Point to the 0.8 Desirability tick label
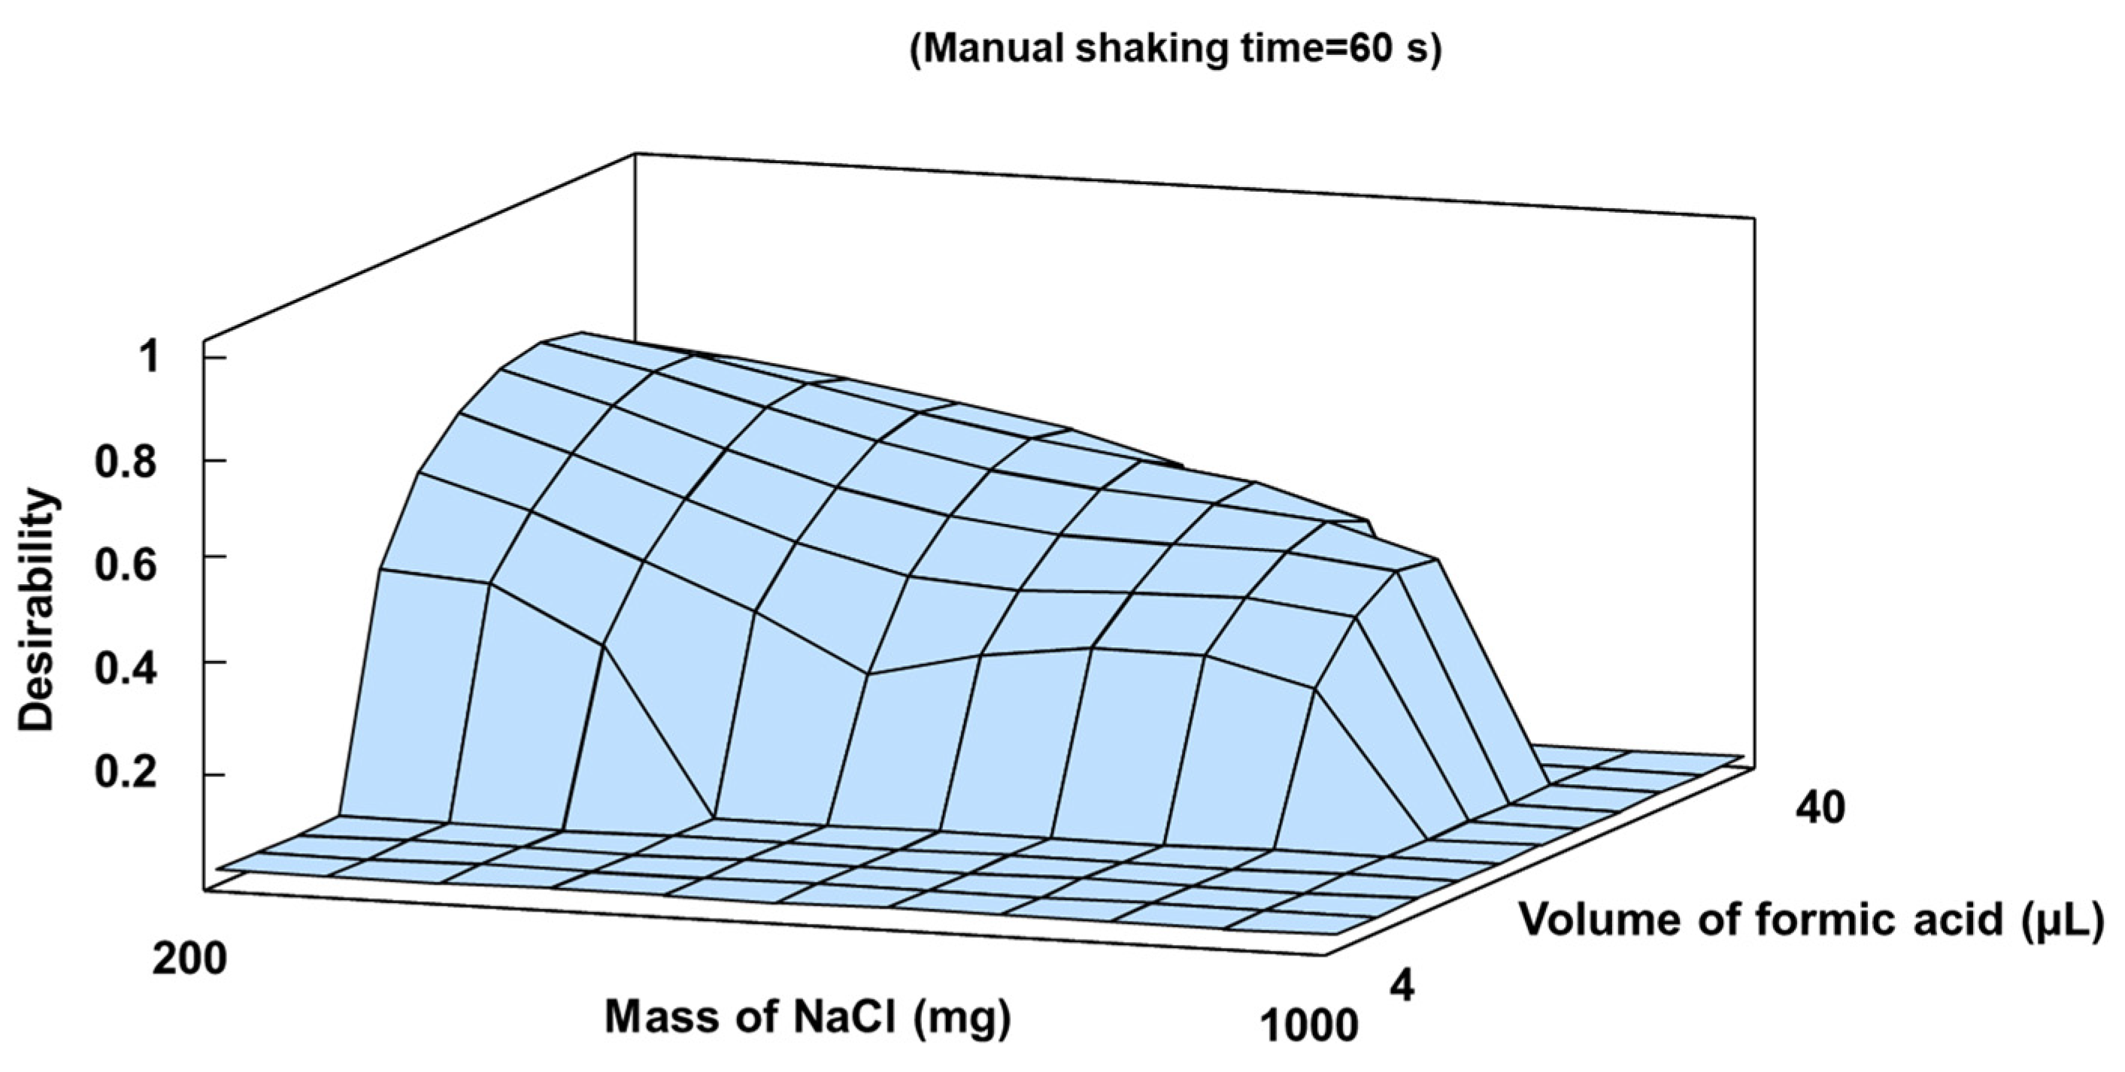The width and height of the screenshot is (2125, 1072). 126,462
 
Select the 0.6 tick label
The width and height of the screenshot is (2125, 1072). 126,568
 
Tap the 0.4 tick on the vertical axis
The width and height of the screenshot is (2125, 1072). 126,671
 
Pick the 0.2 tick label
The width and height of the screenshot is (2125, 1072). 126,775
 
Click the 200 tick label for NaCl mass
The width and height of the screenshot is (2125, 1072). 189,960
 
